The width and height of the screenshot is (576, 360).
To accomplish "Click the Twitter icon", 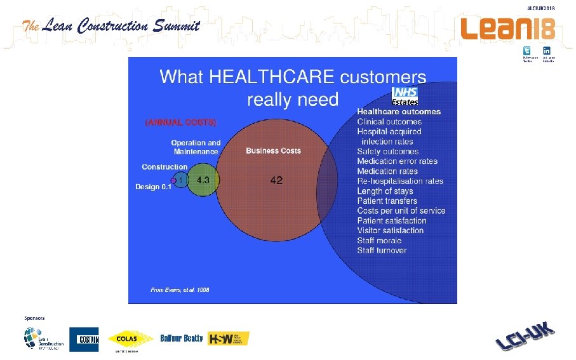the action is point(526,51).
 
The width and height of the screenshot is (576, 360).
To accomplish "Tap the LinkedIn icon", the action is point(546,51).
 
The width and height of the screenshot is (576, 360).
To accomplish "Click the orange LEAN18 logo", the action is point(507,29).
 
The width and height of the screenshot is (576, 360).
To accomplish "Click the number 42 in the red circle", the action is point(276,180).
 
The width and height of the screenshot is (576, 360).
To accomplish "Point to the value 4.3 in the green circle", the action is point(203,180).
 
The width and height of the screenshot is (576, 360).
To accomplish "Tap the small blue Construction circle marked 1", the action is point(181,180).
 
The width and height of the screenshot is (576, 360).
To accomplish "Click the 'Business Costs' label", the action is point(273,151).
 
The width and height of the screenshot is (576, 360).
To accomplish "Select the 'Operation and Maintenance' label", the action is point(196,147).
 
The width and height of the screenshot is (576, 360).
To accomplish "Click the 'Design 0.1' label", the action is point(153,187).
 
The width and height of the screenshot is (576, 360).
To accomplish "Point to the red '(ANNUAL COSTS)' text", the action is point(181,122).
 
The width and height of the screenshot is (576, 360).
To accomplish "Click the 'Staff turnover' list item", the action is point(382,250).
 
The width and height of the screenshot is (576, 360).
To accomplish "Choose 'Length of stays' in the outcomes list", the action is point(385,191).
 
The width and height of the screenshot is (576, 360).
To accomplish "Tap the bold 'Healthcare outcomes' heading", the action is point(399,112).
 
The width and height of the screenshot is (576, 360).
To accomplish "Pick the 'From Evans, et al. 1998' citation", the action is point(180,290).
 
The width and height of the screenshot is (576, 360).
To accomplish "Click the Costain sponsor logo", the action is point(84,339).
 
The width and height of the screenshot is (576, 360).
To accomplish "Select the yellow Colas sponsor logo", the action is point(131,339).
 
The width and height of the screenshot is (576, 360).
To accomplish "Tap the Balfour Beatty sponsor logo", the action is point(182,338).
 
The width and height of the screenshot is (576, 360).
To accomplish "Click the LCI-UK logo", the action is point(525,337).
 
